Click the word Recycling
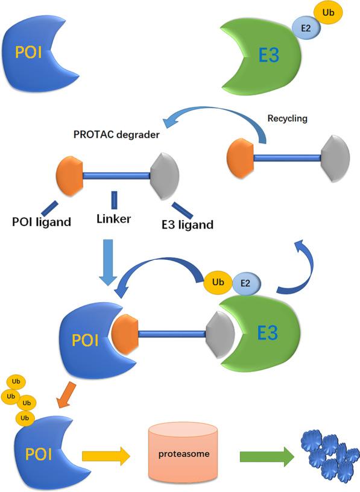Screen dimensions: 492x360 (x=286, y=118)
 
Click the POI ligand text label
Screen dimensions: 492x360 (x=41, y=222)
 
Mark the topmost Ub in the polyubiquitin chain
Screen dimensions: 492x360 (x=15, y=382)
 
